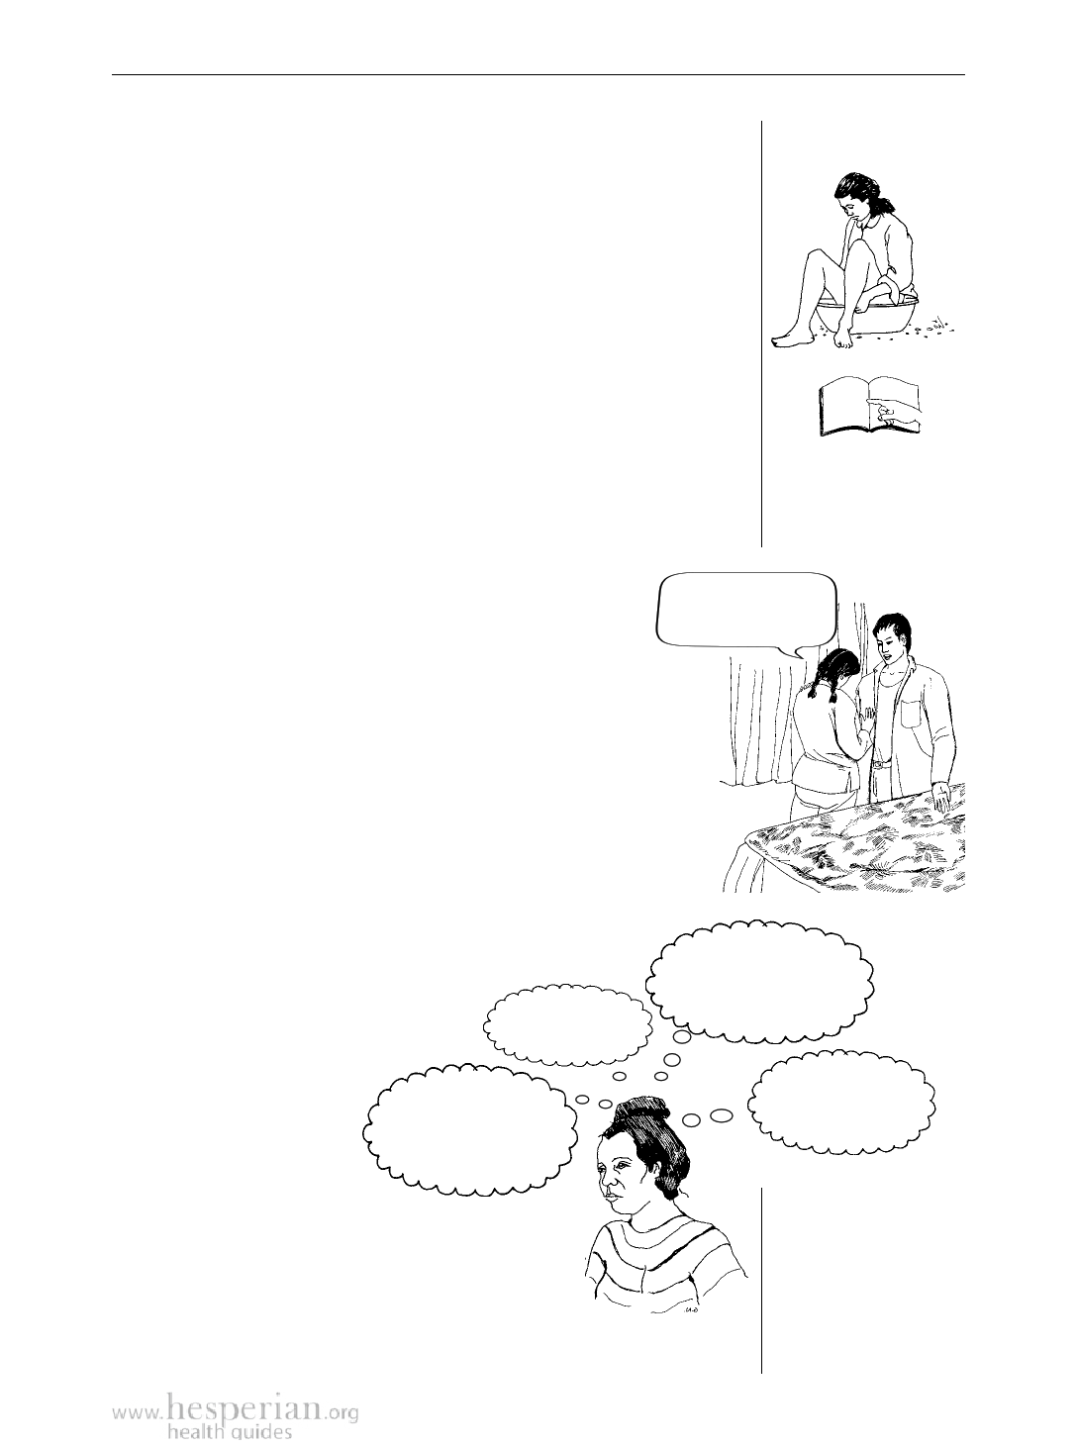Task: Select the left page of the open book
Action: coord(843,409)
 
